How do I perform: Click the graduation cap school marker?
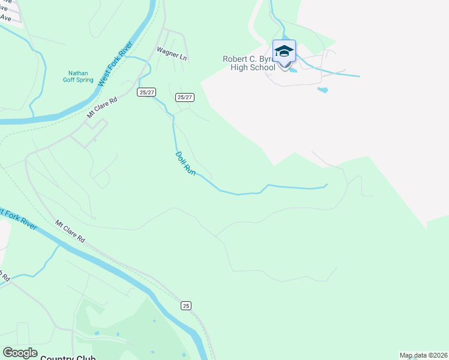click(x=284, y=51)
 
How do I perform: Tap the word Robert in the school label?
click(x=236, y=59)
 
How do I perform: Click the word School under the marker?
click(x=262, y=67)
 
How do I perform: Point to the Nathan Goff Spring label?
click(x=78, y=76)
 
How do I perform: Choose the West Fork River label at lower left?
click(x=18, y=219)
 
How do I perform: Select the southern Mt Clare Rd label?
click(x=70, y=232)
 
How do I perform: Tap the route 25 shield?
click(x=186, y=305)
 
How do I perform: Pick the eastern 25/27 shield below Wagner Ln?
click(x=185, y=97)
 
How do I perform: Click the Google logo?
click(x=20, y=353)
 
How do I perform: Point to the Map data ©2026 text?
click(x=423, y=355)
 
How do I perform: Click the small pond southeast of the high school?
click(x=323, y=90)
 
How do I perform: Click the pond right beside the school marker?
click(x=293, y=70)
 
